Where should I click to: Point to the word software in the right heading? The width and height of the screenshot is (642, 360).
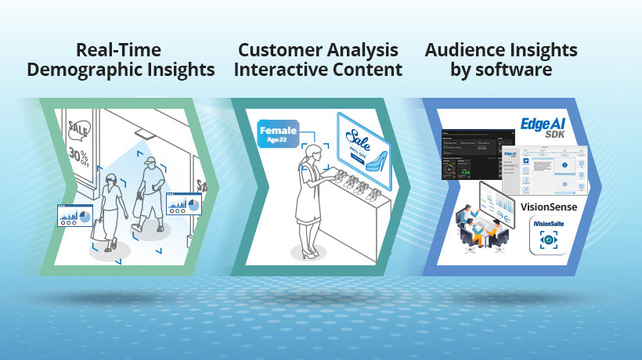pos(513,70)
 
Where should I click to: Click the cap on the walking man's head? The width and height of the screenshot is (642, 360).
pos(150,162)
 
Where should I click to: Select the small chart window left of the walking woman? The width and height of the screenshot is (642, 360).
pos(74,213)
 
